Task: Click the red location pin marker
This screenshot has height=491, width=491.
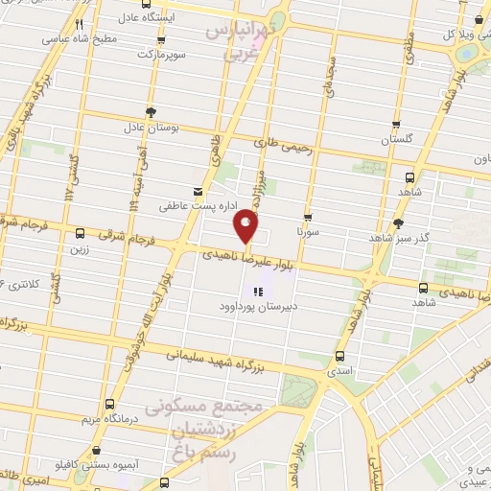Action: tap(246, 226)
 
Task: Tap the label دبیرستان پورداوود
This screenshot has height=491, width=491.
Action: tap(257, 309)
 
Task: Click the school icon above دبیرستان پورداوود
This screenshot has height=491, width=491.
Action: tap(257, 292)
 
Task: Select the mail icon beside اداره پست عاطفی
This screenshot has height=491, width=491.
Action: tap(199, 191)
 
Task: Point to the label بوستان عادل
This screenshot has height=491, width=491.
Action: tap(146, 127)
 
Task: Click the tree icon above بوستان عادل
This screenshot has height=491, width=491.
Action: tap(150, 111)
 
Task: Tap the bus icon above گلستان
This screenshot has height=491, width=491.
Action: tap(397, 125)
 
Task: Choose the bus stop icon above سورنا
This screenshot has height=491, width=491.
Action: tap(308, 217)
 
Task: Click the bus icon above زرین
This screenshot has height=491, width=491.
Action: tap(79, 233)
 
